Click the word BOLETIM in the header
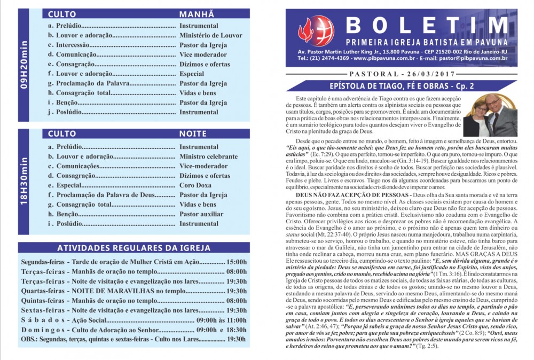point(426,25)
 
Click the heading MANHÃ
point(196,14)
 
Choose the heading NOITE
point(193,134)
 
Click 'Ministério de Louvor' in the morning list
point(210,35)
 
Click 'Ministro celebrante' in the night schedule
point(208,156)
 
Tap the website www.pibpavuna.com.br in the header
point(381,58)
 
